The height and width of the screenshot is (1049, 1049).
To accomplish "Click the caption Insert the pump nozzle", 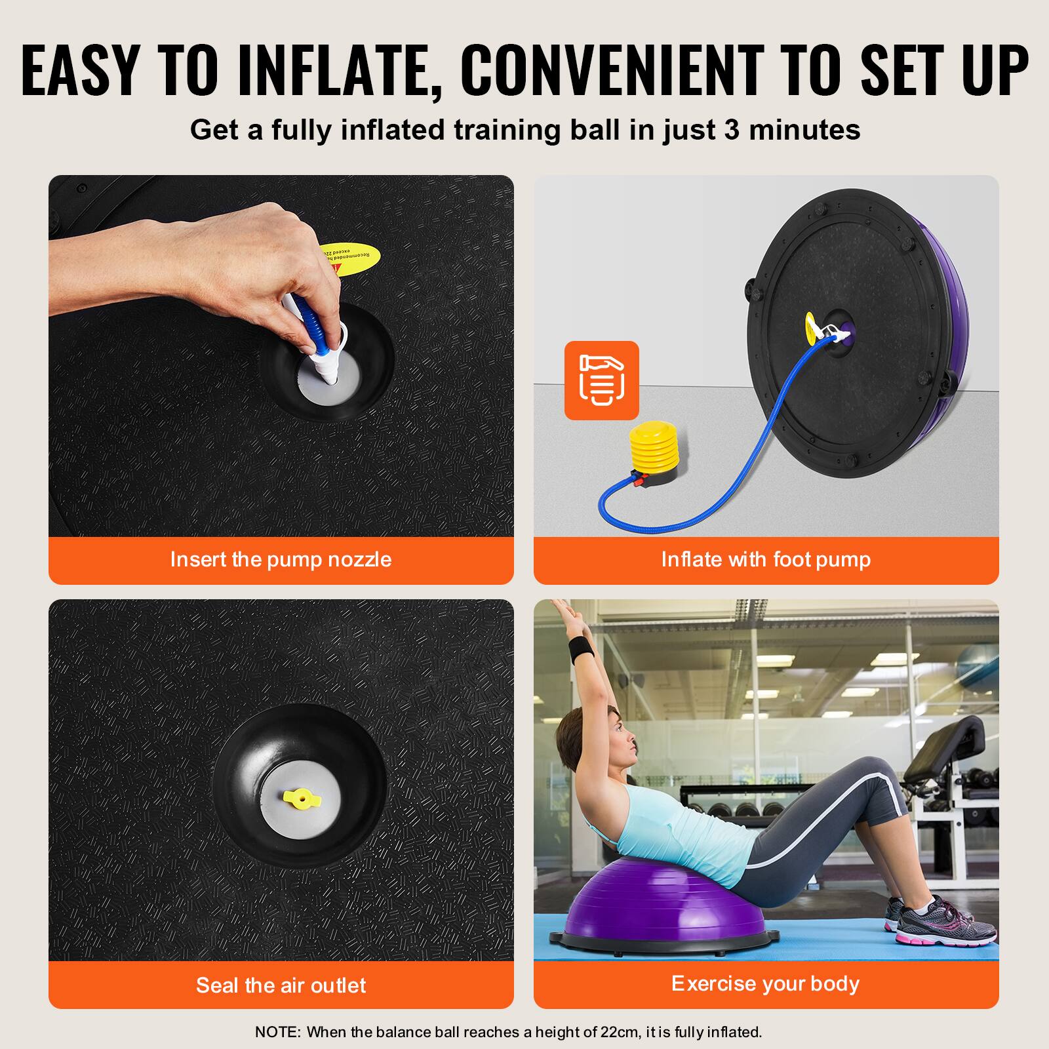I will click(281, 559).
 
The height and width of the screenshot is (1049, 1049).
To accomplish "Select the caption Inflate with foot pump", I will click(766, 559).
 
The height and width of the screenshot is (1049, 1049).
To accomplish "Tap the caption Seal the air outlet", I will click(281, 985).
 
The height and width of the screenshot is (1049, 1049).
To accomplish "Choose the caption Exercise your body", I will click(765, 983).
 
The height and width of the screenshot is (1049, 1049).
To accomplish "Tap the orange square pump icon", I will click(601, 380).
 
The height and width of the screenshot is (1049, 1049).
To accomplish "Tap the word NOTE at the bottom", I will click(276, 1032).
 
